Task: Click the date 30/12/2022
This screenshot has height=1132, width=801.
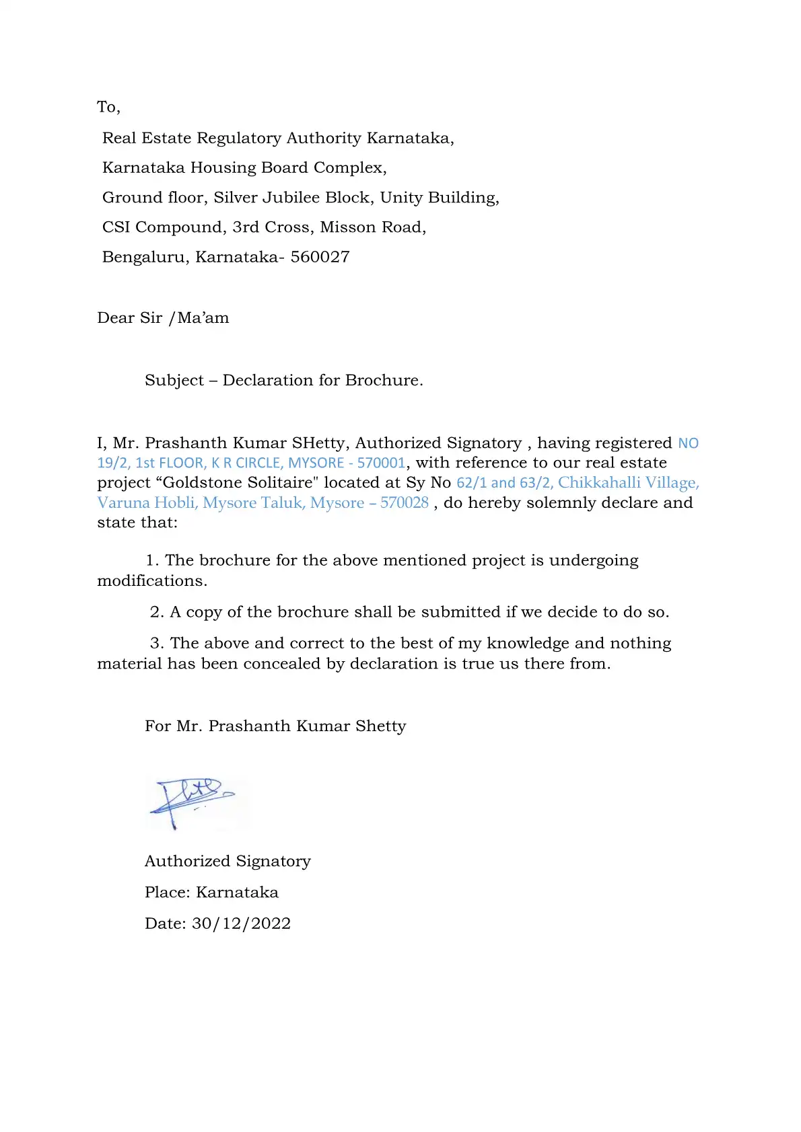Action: pyautogui.click(x=241, y=923)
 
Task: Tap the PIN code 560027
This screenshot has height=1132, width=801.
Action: pyautogui.click(x=320, y=257)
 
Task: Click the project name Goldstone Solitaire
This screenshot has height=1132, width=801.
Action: pyautogui.click(x=238, y=483)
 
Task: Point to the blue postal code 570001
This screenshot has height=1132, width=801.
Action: pyautogui.click(x=381, y=463)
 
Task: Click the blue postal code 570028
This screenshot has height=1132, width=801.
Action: pyautogui.click(x=404, y=503)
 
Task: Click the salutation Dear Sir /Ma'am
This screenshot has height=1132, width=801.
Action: pyautogui.click(x=163, y=318)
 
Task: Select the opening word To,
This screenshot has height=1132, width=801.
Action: pyautogui.click(x=108, y=107)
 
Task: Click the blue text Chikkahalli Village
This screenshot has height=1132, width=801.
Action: pyautogui.click(x=628, y=483)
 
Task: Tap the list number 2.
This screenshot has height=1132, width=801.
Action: pyautogui.click(x=156, y=612)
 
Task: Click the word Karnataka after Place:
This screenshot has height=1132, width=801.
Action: pyautogui.click(x=237, y=893)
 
